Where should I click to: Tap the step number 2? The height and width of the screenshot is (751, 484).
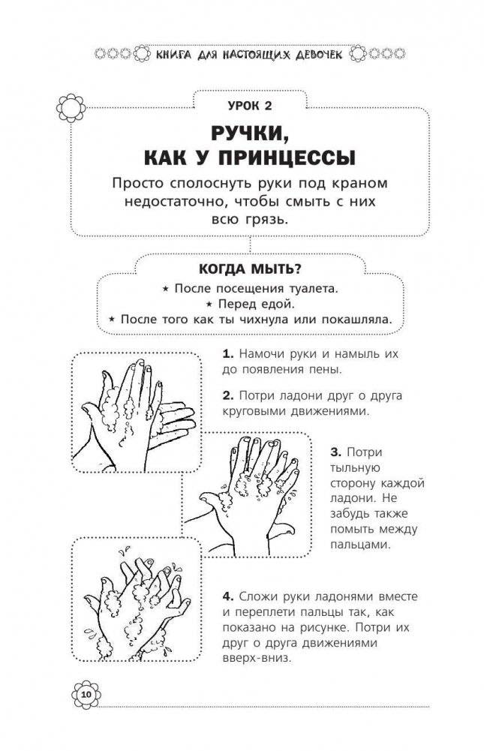228,395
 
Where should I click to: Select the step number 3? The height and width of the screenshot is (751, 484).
335,452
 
